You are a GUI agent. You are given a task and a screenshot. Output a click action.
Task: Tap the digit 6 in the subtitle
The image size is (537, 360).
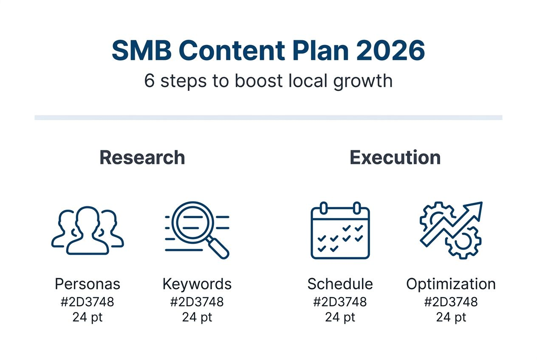click(x=149, y=81)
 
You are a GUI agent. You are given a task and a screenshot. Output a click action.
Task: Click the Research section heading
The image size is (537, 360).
click(x=142, y=157)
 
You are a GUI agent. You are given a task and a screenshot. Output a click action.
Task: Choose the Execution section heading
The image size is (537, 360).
click(x=395, y=157)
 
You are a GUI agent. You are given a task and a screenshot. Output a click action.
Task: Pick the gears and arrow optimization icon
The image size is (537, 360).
click(x=450, y=230)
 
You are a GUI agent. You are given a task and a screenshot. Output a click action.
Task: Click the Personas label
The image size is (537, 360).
click(x=88, y=284)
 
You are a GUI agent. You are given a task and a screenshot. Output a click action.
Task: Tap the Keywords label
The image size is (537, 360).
click(x=197, y=284)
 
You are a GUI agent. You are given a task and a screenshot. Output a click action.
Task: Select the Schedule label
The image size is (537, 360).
click(x=340, y=284)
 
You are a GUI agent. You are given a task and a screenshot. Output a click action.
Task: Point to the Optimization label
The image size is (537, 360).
click(x=451, y=284)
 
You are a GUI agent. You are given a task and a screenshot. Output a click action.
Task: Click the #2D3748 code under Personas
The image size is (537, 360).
click(x=88, y=302)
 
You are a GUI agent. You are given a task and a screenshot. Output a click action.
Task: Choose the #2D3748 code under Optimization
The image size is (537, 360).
click(x=451, y=302)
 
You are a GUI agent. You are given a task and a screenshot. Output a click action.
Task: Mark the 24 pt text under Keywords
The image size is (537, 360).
click(x=197, y=317)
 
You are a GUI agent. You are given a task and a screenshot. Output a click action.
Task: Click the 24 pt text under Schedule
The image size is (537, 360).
click(x=340, y=317)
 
